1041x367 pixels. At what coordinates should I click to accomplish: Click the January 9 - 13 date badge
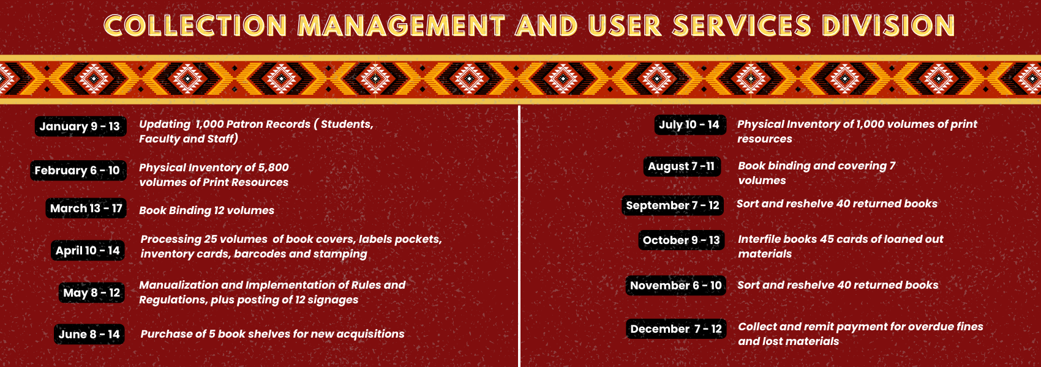[x=80, y=126]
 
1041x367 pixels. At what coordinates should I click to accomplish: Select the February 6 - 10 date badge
[x=78, y=170]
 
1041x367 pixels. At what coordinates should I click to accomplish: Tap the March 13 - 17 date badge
[x=86, y=209]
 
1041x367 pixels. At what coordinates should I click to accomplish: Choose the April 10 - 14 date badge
[x=88, y=251]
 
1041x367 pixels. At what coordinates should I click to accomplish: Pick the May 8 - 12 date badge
[x=92, y=293]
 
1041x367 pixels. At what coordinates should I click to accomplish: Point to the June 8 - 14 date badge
[x=89, y=334]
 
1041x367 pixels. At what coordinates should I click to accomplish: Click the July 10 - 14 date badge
[x=690, y=124]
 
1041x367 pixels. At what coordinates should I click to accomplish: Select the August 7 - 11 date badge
[x=682, y=166]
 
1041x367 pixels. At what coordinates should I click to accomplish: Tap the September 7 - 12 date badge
[x=672, y=206]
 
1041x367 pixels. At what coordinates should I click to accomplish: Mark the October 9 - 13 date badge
[x=682, y=240]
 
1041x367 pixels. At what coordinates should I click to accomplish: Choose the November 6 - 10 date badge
[x=675, y=285]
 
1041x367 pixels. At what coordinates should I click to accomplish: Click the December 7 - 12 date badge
[x=676, y=329]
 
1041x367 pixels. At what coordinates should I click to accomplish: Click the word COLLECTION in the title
[x=195, y=26]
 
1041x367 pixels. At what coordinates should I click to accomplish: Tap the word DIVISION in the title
[x=888, y=26]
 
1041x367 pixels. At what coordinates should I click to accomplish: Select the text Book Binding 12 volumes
[x=207, y=210]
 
